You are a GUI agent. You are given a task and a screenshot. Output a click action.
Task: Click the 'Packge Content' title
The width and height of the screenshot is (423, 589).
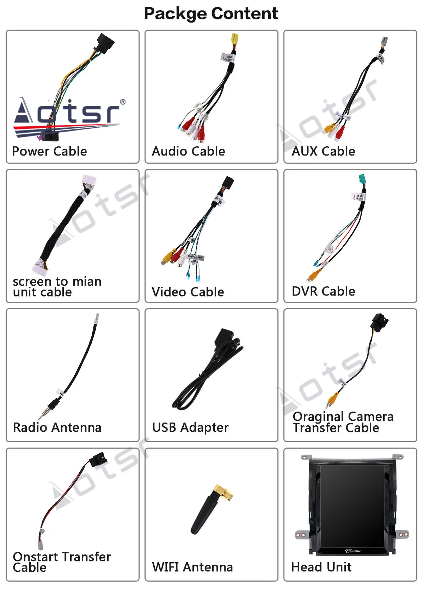[x=211, y=13]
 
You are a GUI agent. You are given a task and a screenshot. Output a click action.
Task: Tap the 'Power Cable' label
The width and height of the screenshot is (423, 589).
[x=49, y=151]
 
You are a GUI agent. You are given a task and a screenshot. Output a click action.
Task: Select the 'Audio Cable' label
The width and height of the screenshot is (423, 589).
[x=188, y=151]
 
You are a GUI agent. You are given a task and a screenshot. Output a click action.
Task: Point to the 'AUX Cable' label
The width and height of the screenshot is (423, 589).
[x=323, y=151]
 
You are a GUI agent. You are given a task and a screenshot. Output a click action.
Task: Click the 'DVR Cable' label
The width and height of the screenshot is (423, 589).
[x=323, y=291]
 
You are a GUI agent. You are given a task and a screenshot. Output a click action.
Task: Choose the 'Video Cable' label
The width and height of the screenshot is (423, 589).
[x=188, y=292]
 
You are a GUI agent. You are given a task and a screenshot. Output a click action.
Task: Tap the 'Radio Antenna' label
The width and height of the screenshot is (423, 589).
[x=57, y=427]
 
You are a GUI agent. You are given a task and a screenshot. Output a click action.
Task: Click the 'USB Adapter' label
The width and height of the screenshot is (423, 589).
[x=190, y=427]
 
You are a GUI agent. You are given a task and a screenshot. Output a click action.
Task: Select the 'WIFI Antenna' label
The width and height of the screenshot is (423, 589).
[x=192, y=567]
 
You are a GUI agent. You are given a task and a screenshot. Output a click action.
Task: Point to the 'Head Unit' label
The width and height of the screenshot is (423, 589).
[x=321, y=567]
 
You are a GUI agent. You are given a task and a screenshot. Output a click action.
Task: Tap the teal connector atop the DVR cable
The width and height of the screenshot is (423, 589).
[x=362, y=180]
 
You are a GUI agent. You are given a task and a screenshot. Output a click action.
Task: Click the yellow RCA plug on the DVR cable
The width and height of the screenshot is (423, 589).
[x=312, y=275]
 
